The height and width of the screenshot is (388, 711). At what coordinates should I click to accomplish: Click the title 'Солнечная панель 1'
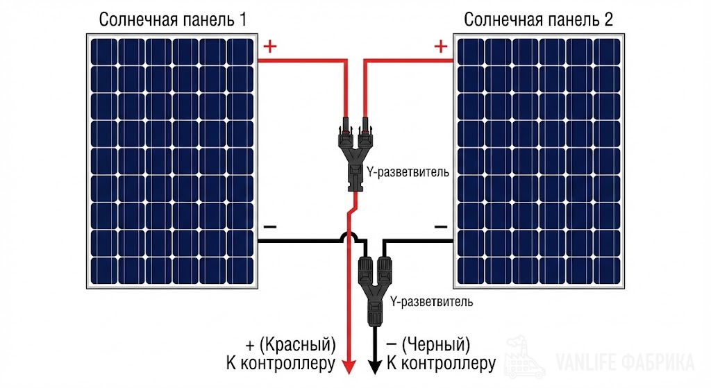tap(173, 19)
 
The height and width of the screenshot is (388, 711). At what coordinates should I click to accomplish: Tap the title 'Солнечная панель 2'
tap(538, 19)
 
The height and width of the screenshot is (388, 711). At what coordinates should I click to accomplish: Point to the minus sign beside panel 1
tap(270, 227)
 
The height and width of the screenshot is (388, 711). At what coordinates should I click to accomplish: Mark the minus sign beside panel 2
tap(440, 227)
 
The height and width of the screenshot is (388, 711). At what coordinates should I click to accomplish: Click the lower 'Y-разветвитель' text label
tap(431, 302)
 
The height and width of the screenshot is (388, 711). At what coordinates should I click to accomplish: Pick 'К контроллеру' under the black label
tap(441, 363)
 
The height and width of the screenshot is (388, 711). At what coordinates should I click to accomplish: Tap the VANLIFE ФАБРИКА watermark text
tap(625, 362)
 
